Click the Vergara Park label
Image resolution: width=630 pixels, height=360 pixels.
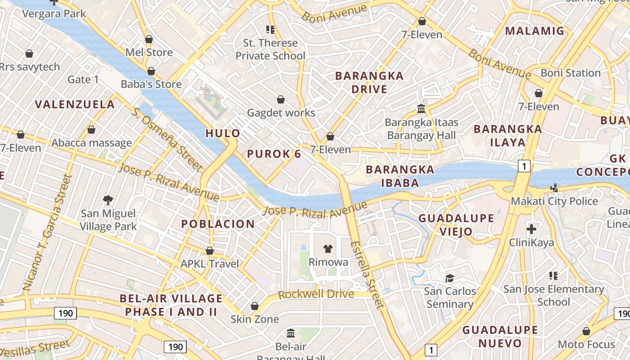(x=54, y=13)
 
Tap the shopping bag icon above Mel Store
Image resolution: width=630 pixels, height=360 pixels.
(x=149, y=39)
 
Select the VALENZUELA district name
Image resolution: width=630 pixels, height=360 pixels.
(x=75, y=104)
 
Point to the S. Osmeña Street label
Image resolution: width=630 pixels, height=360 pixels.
(x=167, y=139)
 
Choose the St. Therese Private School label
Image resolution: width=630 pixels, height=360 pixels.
(x=270, y=49)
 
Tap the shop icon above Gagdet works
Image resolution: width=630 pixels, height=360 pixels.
(x=281, y=99)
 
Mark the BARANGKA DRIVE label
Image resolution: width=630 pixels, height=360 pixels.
(x=369, y=82)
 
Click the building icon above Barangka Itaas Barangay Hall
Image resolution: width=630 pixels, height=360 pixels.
(x=422, y=108)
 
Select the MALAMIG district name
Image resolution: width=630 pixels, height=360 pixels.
(x=535, y=31)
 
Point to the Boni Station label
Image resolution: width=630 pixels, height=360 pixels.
(x=570, y=73)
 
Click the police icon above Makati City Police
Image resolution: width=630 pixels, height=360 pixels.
(x=554, y=188)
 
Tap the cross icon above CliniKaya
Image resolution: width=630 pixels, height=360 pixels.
(x=531, y=229)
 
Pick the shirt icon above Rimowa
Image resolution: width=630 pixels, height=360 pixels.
(x=328, y=249)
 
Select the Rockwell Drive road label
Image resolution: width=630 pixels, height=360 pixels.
(x=316, y=295)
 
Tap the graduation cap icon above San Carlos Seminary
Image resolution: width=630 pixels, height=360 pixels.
(x=450, y=278)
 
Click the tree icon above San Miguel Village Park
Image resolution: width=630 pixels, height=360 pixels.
(x=108, y=200)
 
